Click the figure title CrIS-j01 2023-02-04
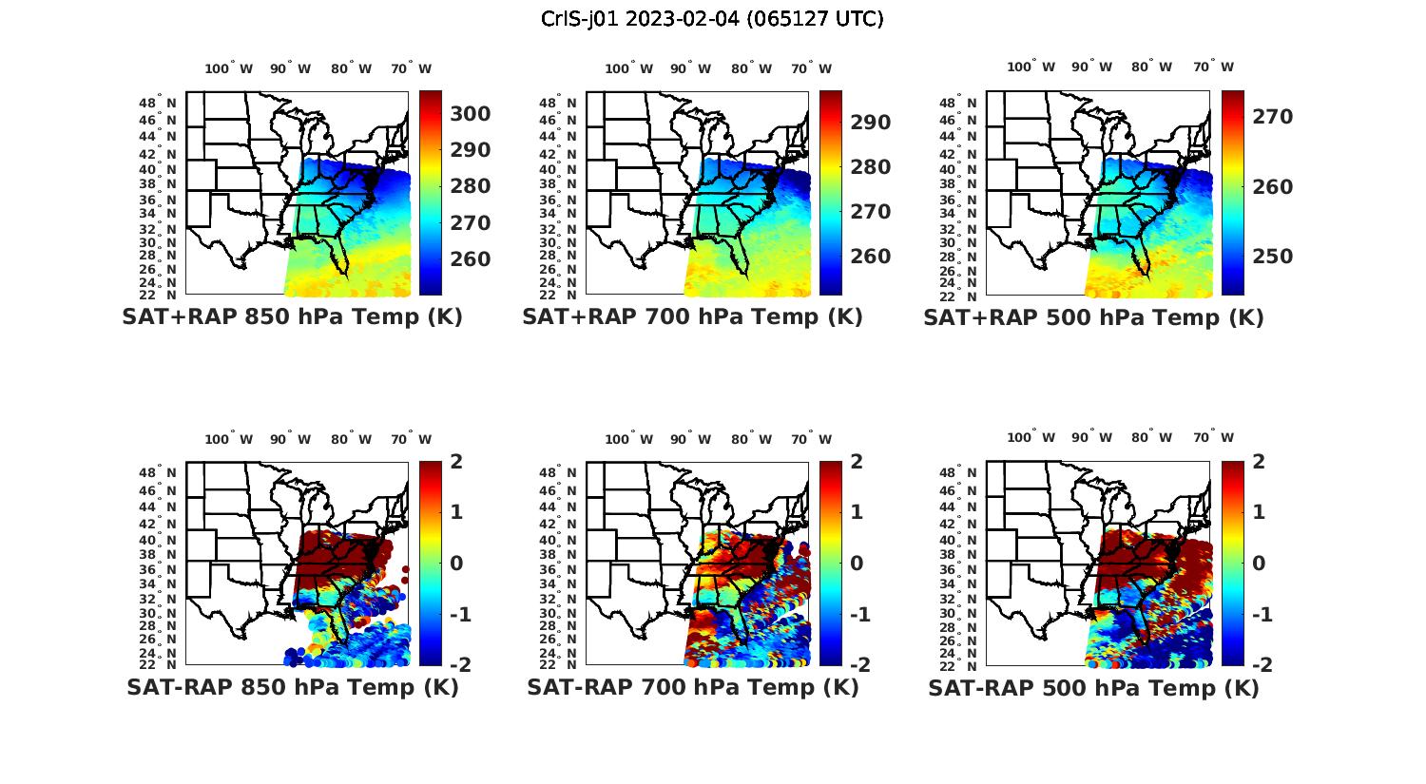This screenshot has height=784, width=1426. (x=712, y=19)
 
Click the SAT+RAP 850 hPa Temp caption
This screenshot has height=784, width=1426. (x=292, y=317)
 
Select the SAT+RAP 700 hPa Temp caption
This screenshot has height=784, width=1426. (x=692, y=317)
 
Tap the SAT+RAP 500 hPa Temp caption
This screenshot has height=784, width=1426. (x=1093, y=318)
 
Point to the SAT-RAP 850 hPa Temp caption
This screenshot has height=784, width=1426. (x=292, y=687)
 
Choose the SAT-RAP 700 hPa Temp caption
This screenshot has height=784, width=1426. (x=692, y=687)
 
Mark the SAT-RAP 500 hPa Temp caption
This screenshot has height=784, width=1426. (x=1093, y=688)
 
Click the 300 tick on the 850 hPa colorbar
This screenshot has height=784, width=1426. (x=470, y=114)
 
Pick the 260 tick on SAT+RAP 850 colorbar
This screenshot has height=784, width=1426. (x=470, y=259)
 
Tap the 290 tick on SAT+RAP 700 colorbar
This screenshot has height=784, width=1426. (x=870, y=123)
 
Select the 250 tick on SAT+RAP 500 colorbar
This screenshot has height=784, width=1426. (x=1272, y=257)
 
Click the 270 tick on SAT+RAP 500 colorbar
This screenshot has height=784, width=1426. (x=1272, y=117)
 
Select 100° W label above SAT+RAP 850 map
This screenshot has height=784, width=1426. (x=229, y=68)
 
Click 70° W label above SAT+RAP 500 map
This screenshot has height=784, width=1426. (x=1213, y=67)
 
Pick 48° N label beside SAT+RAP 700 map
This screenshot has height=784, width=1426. (x=558, y=103)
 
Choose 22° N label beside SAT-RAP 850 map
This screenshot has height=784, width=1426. (x=158, y=664)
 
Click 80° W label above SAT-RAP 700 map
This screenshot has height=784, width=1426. (x=753, y=439)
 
